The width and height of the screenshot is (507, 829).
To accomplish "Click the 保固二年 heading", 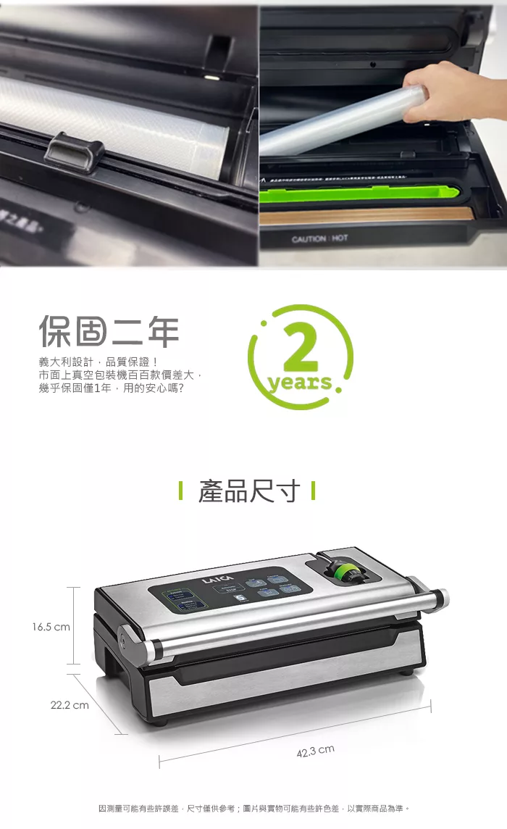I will [x=109, y=331].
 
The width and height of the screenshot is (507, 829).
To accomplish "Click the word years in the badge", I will [x=300, y=383].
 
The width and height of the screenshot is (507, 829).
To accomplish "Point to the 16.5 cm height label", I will [x=51, y=627].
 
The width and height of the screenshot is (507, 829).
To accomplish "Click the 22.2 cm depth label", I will [x=70, y=704].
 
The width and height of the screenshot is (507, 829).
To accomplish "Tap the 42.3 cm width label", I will [x=315, y=751].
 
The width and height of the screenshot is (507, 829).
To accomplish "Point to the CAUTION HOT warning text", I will [x=319, y=238].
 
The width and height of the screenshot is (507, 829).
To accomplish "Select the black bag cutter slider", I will [x=75, y=151].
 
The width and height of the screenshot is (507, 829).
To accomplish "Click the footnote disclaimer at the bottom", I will [x=253, y=808].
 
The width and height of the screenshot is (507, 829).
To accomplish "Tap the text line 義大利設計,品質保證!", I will [x=99, y=362].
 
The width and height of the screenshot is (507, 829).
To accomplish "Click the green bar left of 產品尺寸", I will [x=180, y=491].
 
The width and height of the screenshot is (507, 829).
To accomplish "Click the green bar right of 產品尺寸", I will [x=312, y=491].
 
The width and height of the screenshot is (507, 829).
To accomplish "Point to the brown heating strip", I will [x=362, y=215].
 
